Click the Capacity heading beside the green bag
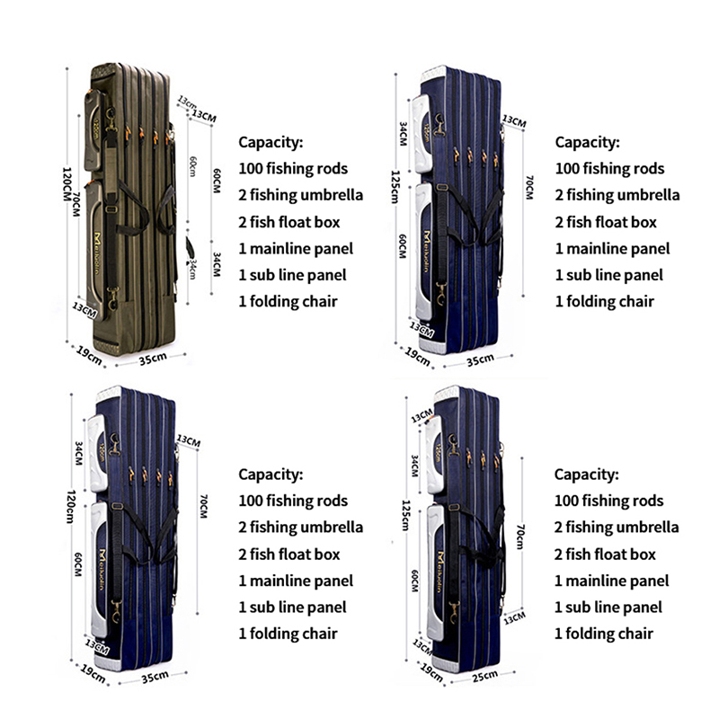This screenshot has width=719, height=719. [x=271, y=142]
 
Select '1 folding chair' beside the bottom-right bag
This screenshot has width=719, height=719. [x=603, y=634]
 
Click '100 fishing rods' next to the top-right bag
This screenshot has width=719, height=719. [x=609, y=168]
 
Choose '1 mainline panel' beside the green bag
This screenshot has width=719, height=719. [x=296, y=248]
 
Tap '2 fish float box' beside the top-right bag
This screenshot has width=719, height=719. [x=606, y=222]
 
